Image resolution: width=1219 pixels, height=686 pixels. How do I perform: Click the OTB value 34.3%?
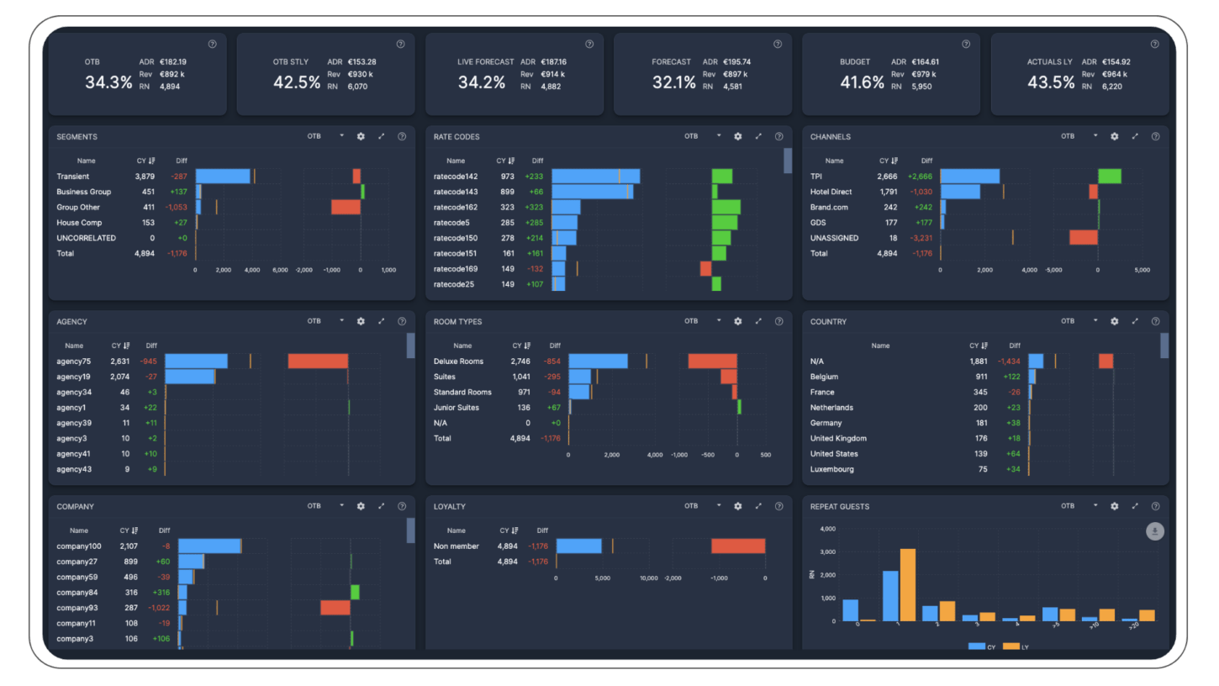pyautogui.click(x=108, y=82)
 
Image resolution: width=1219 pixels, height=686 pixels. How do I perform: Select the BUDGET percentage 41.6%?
pyautogui.click(x=862, y=82)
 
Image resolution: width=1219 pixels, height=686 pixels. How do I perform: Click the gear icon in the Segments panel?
pyautogui.click(x=361, y=136)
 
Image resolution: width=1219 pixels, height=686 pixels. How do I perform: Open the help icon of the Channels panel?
pyautogui.click(x=1155, y=136)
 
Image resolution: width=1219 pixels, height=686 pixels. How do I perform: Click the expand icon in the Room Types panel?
pyautogui.click(x=758, y=321)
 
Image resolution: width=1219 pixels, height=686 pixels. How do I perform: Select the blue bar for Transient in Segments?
pyautogui.click(x=223, y=177)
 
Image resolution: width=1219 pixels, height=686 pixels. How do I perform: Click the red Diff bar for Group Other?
pyautogui.click(x=346, y=207)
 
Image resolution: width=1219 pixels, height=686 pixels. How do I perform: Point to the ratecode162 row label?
pyautogui.click(x=455, y=207)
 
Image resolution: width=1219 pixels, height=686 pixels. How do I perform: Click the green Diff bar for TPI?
pyautogui.click(x=1109, y=177)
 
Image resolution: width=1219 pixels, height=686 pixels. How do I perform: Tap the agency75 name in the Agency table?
pyautogui.click(x=74, y=361)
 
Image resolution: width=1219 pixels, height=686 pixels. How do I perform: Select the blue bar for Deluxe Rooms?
pyautogui.click(x=598, y=361)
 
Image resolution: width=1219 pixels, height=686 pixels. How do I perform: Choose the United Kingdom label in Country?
pyautogui.click(x=838, y=438)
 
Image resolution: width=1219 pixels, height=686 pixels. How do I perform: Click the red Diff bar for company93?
pyautogui.click(x=335, y=608)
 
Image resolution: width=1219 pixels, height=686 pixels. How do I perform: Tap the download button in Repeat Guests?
pyautogui.click(x=1155, y=530)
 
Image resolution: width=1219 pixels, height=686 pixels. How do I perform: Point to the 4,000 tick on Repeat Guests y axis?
pyautogui.click(x=826, y=529)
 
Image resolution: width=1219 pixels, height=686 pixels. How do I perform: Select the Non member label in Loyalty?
pyautogui.click(x=456, y=546)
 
